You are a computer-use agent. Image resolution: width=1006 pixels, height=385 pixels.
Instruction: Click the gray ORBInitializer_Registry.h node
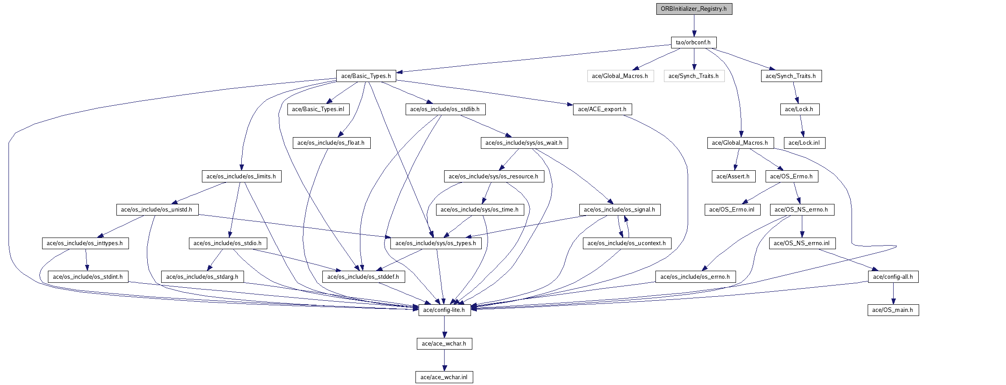pos(694,9)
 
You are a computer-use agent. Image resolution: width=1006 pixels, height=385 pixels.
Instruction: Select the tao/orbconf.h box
pos(693,43)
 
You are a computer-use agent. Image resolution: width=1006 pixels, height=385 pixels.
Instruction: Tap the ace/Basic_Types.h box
pos(366,76)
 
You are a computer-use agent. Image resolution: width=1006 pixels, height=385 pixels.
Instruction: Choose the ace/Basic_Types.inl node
pos(318,109)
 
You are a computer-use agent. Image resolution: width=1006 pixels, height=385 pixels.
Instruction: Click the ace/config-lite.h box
pos(444,310)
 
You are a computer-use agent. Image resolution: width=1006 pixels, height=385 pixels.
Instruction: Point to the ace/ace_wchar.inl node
pos(444,377)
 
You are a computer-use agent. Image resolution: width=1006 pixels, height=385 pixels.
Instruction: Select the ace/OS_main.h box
pos(893,310)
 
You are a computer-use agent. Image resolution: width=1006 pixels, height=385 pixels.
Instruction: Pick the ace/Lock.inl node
pos(804,143)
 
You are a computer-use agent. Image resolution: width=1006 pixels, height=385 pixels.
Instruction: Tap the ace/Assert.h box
pos(733,177)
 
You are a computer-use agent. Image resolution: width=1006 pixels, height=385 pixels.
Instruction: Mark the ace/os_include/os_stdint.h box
pos(88,277)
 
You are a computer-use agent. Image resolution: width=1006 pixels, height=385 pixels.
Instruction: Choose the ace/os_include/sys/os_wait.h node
pos(524,143)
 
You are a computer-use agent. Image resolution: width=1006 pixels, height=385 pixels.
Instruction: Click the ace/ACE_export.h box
pos(602,109)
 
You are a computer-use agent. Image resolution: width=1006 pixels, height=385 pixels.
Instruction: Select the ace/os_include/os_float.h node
pos(331,143)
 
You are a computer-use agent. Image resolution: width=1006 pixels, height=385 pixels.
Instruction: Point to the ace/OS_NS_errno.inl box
pos(802,243)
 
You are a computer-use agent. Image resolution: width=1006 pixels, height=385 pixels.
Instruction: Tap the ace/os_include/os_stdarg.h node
pos(202,277)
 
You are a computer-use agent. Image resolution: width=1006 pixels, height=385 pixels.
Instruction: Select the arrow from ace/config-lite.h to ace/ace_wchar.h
pos(444,327)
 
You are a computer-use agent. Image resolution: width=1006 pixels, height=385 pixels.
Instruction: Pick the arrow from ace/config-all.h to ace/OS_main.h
pos(893,294)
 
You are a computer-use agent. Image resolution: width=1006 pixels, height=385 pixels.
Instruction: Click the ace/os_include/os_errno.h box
pos(695,277)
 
